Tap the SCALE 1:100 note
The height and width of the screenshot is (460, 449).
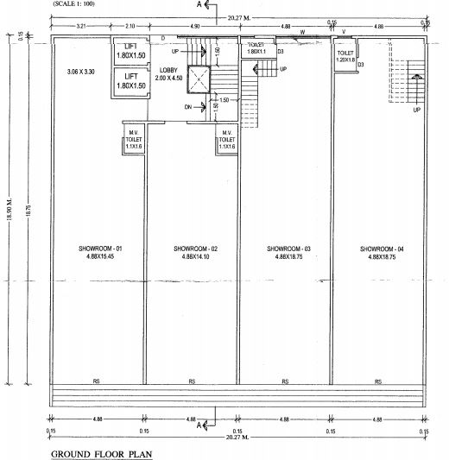77,4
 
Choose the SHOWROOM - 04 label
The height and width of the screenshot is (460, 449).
381,252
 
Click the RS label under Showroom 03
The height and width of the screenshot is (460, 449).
284,381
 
